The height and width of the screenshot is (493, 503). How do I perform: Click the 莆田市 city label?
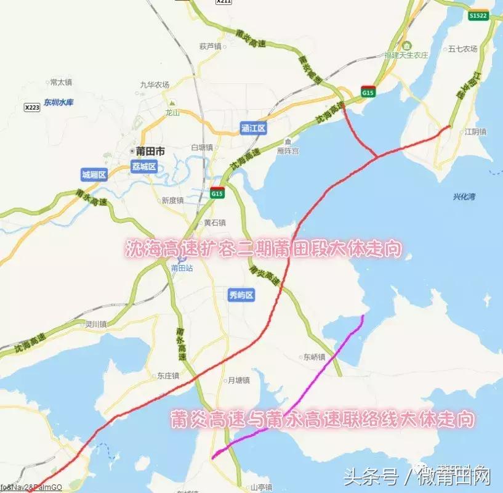(150, 151)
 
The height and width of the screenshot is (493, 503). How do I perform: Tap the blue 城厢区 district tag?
(94, 175)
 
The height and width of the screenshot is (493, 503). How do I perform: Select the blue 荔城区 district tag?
(144, 166)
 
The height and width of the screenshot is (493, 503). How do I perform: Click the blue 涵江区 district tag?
(252, 128)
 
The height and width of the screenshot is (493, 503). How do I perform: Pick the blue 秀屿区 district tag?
(241, 295)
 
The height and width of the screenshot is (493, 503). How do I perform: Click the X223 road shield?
(32, 107)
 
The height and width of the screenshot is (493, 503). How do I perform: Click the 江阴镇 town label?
(475, 131)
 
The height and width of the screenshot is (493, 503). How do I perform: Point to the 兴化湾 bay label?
(465, 197)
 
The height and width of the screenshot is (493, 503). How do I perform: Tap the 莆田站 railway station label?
(182, 268)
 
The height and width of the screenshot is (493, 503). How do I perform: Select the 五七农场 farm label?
(463, 49)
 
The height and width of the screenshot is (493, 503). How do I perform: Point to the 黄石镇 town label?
(214, 222)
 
